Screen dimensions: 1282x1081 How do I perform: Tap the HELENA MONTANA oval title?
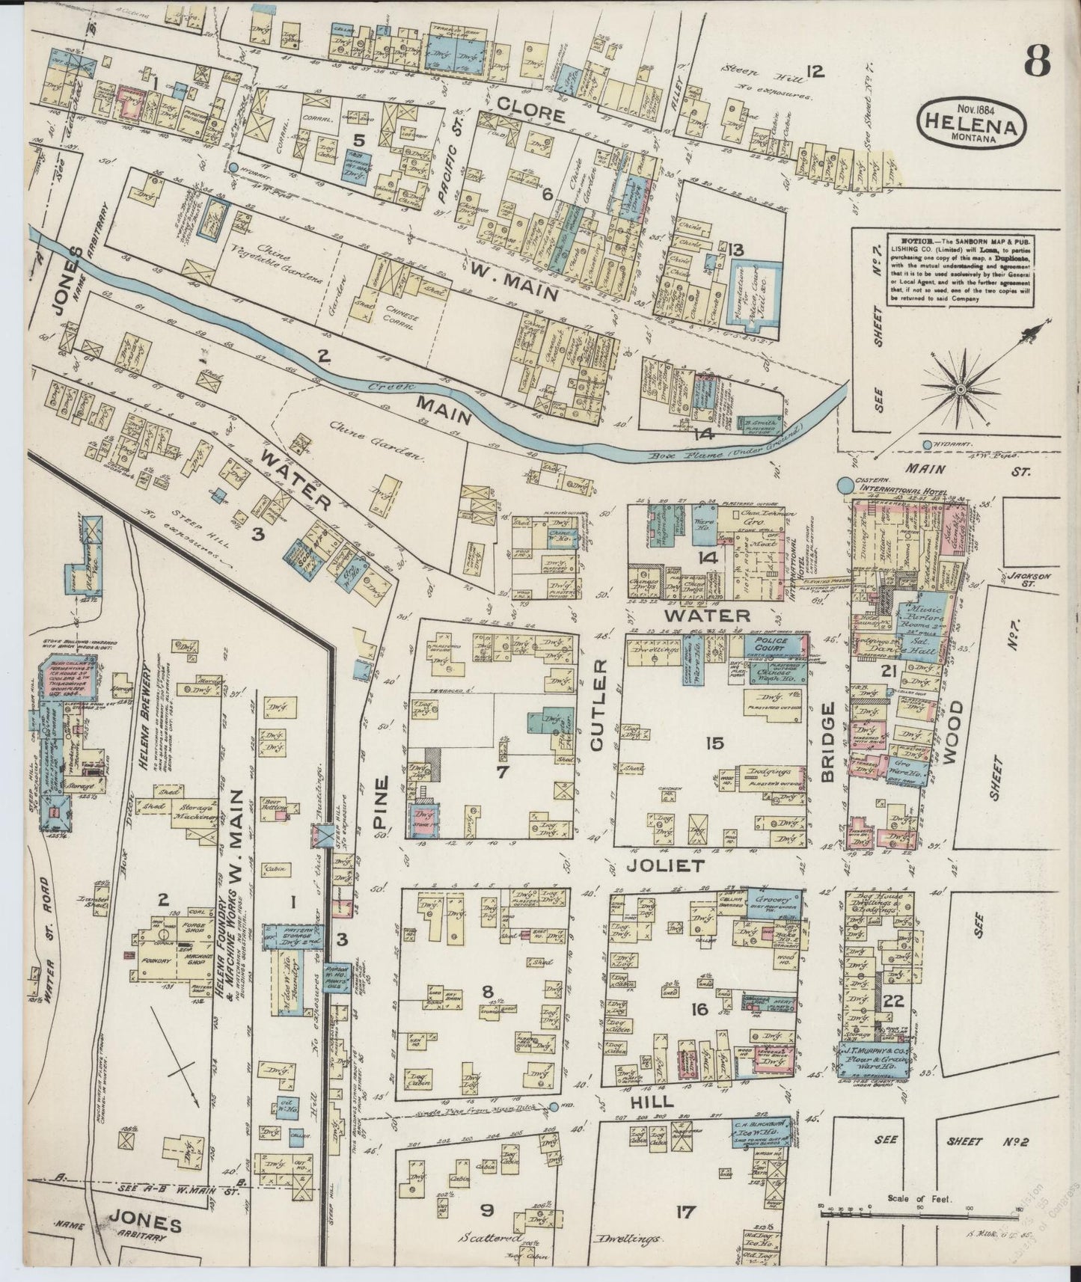[971, 123]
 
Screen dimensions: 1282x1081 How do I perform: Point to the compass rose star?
[961, 388]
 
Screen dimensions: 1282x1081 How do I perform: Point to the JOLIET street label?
[666, 866]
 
